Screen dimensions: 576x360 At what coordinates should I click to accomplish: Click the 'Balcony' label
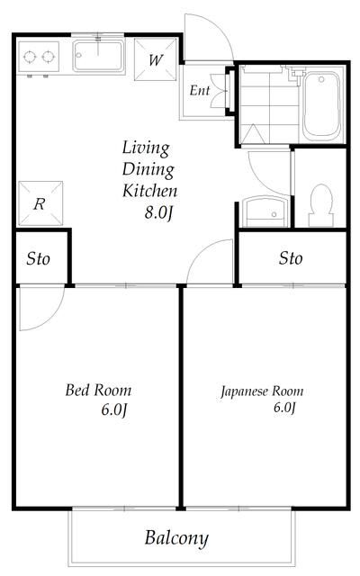coord(176,539)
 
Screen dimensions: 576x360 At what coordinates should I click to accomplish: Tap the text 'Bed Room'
coord(98,391)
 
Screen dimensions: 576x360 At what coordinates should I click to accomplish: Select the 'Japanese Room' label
coord(262,391)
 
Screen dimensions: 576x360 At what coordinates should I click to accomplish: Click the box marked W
coord(156,61)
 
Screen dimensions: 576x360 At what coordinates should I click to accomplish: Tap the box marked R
coord(40,204)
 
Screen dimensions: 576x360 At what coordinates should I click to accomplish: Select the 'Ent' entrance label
coord(198,91)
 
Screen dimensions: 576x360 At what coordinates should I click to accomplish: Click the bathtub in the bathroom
coord(319,106)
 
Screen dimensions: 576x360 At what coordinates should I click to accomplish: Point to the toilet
coord(319,203)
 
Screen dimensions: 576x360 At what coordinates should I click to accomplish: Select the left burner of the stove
coord(28,58)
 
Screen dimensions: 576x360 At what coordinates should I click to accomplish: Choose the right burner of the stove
coord(47,58)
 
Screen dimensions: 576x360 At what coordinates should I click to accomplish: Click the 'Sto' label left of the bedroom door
coord(37,260)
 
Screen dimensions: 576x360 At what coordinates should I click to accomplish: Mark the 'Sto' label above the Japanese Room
coord(290,259)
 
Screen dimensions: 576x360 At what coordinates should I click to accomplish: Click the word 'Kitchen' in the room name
coord(149,191)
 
